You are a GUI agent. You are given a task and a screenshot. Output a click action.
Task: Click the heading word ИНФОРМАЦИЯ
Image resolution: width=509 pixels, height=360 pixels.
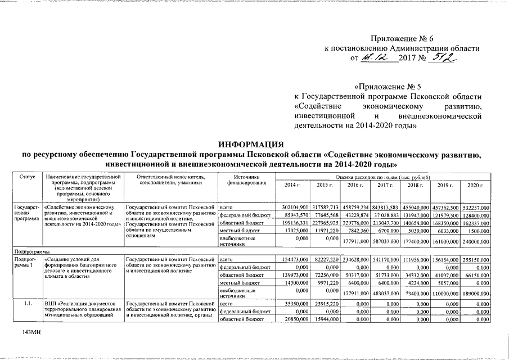click(254, 145)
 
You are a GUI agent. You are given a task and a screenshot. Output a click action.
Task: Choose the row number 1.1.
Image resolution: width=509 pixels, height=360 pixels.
click(27, 304)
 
